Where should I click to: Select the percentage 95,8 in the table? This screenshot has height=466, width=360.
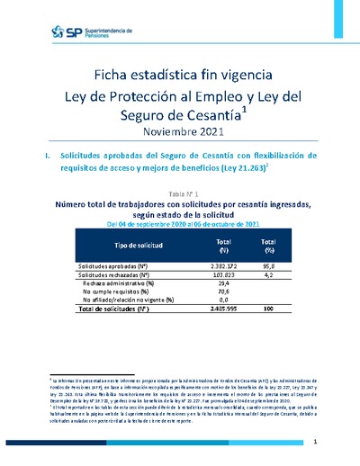267,268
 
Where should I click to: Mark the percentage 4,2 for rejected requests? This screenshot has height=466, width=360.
267,278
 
